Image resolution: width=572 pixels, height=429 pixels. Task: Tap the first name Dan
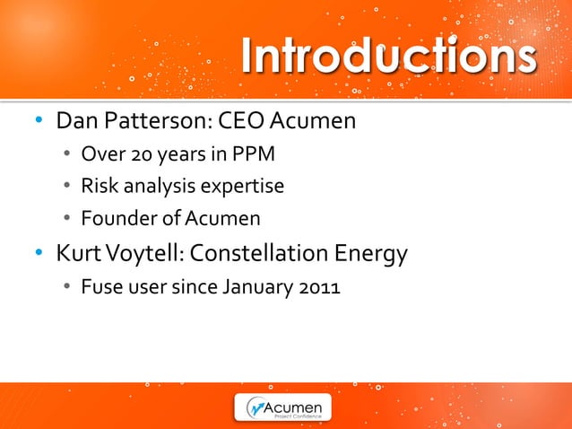click(x=76, y=120)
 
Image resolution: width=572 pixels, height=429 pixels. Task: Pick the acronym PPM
click(x=254, y=154)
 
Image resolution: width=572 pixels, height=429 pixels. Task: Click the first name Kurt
click(x=76, y=255)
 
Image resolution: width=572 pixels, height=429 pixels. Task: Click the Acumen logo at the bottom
click(x=283, y=407)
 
